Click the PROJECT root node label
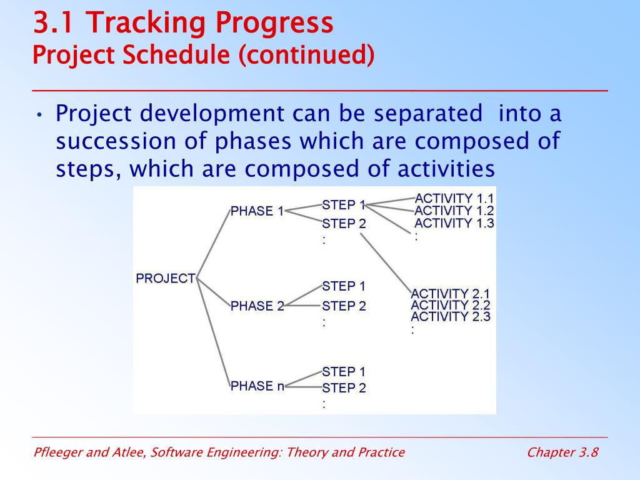point(166,278)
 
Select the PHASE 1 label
point(257,211)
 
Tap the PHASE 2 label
point(257,306)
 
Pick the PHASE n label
point(257,386)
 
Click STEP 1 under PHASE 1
point(344,204)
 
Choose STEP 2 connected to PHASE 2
point(344,306)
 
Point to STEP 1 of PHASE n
point(344,371)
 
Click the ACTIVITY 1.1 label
point(454,198)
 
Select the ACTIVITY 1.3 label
point(454,223)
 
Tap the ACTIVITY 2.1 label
point(450,294)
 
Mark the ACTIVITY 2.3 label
point(451,316)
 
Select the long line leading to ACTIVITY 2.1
point(386,263)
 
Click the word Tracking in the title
point(147,22)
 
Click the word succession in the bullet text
point(116,141)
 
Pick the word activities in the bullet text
point(446,168)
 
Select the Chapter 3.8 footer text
point(562,452)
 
